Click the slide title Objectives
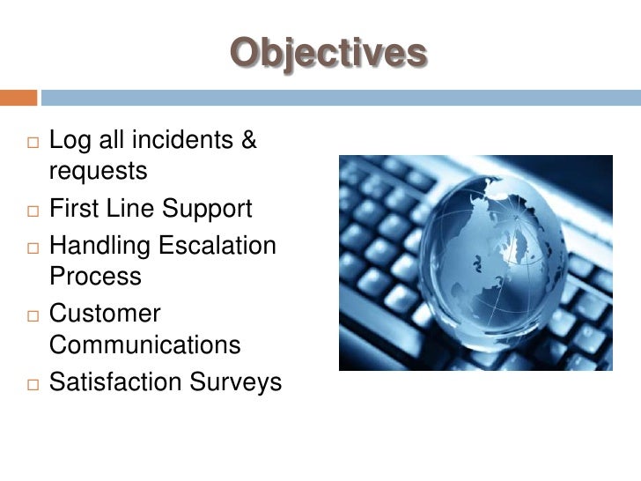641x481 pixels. [x=328, y=54]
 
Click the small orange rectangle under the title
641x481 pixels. [x=18, y=97]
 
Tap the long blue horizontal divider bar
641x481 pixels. [x=340, y=97]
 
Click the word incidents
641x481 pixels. [x=181, y=140]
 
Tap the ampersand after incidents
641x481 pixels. [x=248, y=140]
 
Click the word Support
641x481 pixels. [x=211, y=209]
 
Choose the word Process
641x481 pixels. [x=95, y=277]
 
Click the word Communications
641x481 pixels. [x=144, y=345]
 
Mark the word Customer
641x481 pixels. [x=105, y=314]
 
